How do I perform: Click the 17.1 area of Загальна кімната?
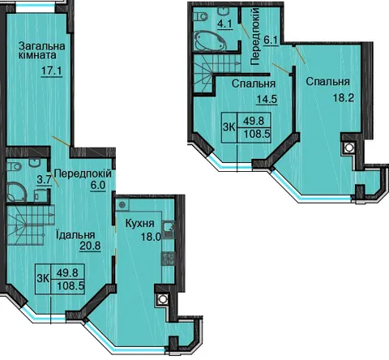tap(52, 71)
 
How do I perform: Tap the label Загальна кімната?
tap(42, 50)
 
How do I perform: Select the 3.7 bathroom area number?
tap(44, 179)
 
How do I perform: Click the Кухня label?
tap(140, 224)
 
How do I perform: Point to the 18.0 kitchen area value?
tap(151, 237)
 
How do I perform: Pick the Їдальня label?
tap(75, 234)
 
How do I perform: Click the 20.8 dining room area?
tap(90, 246)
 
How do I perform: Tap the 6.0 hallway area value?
tap(97, 186)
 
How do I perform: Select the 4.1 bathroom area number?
tap(225, 24)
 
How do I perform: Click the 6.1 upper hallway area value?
tap(271, 41)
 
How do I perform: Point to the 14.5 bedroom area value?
tap(267, 99)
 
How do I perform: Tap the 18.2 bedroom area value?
tap(344, 97)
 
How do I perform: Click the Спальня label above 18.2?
tap(328, 82)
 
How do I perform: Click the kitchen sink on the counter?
tap(169, 229)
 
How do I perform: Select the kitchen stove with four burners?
tap(168, 259)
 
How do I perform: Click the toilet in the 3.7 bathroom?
tap(14, 166)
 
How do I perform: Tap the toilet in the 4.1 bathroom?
tap(201, 16)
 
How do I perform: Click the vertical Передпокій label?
tap(255, 36)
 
